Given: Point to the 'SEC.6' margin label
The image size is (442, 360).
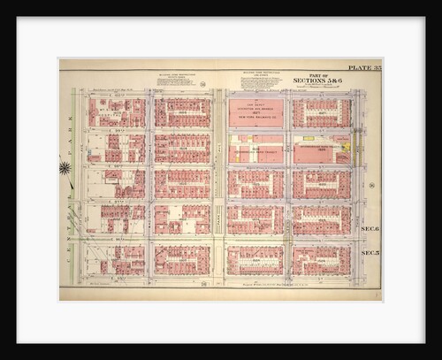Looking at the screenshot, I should tap(369, 228).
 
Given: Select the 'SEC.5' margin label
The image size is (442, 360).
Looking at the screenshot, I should tap(369, 252).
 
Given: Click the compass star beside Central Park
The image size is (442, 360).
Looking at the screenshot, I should tap(65, 167).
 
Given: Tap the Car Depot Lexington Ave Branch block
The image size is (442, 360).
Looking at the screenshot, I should tap(255, 112).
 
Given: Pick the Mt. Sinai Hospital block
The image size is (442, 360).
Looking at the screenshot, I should tap(116, 112).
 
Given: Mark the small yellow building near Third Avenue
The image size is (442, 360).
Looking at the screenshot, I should tap(346, 147).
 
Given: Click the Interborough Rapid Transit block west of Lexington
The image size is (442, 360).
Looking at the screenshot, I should tap(255, 149).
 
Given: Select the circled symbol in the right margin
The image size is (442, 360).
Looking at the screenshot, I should tap(371, 186).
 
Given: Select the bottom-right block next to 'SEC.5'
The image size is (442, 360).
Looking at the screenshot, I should tap(321, 259).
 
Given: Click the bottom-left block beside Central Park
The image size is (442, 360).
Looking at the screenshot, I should tap(116, 259).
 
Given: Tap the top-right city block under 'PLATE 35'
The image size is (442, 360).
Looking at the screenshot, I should tap(321, 112).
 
